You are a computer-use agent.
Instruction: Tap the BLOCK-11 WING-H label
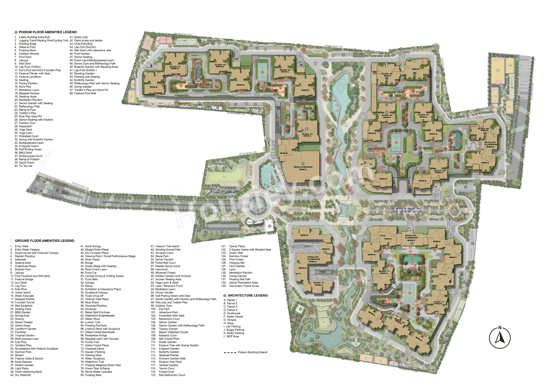(440, 304)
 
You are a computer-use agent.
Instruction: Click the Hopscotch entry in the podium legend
(25, 126)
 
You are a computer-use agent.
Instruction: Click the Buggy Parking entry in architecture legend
(235, 330)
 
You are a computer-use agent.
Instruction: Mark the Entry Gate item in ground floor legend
(21, 246)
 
